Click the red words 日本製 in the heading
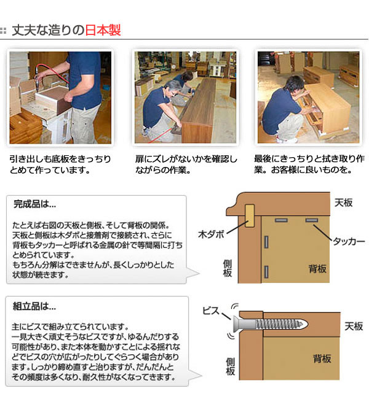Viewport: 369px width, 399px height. point(103,30)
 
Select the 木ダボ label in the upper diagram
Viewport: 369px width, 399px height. point(211,234)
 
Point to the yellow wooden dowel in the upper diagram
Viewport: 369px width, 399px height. point(250,215)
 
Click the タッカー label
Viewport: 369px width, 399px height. point(349,241)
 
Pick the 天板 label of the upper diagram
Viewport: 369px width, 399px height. point(343,203)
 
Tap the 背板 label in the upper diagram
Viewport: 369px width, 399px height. point(317,268)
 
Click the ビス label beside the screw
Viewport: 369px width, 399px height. point(211,311)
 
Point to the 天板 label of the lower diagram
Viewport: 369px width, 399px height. point(354,326)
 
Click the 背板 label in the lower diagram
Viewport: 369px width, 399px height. point(322,359)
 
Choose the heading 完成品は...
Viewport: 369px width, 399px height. point(34,204)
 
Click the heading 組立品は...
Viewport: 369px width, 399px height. point(34,306)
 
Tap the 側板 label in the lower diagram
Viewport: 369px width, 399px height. point(230,366)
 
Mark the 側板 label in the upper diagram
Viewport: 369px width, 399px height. point(228,268)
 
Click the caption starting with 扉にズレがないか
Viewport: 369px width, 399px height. point(186,165)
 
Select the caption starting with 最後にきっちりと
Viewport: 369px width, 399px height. point(309,164)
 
